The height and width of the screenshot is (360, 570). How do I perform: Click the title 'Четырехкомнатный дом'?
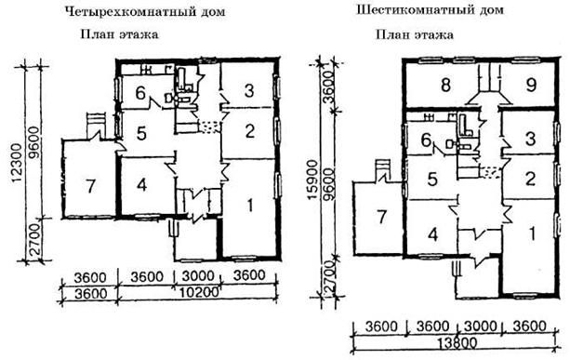click(x=145, y=11)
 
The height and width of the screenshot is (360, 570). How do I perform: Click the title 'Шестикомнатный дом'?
click(x=430, y=9)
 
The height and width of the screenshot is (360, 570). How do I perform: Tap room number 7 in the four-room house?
click(x=90, y=186)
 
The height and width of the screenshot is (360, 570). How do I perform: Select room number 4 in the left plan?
click(x=141, y=185)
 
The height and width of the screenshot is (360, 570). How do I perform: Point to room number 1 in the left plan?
click(x=250, y=206)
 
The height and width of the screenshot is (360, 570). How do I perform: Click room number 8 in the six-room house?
click(x=445, y=85)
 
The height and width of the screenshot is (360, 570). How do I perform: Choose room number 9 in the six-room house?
click(x=531, y=85)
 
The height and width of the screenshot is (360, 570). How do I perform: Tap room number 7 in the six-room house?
click(x=381, y=217)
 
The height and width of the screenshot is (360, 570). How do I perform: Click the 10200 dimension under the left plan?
click(x=199, y=292)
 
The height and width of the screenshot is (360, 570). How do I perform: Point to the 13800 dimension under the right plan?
click(x=456, y=342)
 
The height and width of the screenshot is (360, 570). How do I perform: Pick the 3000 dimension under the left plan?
click(x=197, y=276)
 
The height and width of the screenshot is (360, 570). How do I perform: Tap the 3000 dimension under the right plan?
click(x=480, y=327)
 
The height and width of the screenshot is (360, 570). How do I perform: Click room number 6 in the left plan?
click(x=140, y=93)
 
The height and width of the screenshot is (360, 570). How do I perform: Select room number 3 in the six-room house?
click(x=531, y=139)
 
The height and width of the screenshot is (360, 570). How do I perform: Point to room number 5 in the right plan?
click(x=431, y=180)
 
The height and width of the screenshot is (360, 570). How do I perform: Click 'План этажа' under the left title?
click(x=119, y=34)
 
